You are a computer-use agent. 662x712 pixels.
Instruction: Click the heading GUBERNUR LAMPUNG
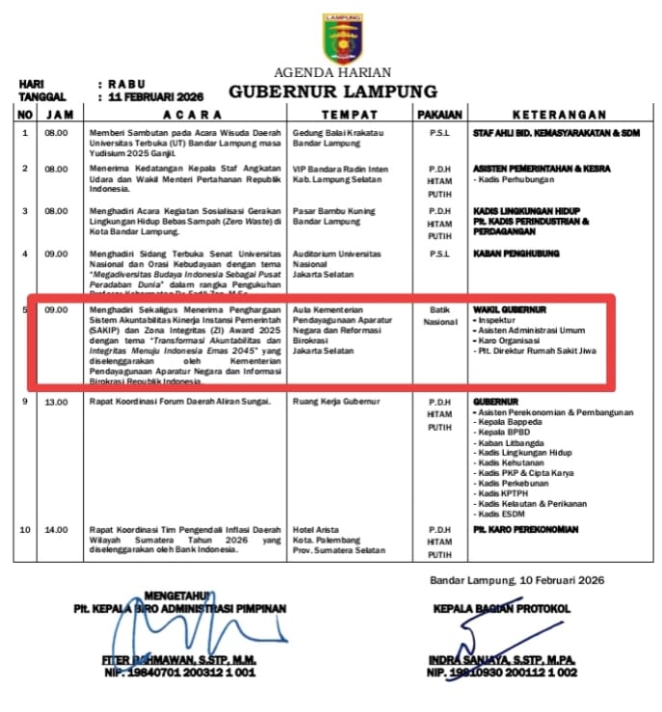pos(332,92)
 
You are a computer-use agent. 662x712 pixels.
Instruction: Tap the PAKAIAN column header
pos(439,114)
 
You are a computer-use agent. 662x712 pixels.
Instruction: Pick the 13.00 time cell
pos(55,401)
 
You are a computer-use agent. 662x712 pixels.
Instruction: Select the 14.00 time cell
pos(55,529)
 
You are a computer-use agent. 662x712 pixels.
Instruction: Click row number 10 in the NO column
pos(24,529)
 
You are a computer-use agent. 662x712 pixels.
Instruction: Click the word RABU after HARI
pos(125,85)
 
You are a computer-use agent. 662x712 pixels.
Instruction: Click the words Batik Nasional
pos(439,315)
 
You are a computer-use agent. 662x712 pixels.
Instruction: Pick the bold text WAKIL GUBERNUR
pos(510,309)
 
